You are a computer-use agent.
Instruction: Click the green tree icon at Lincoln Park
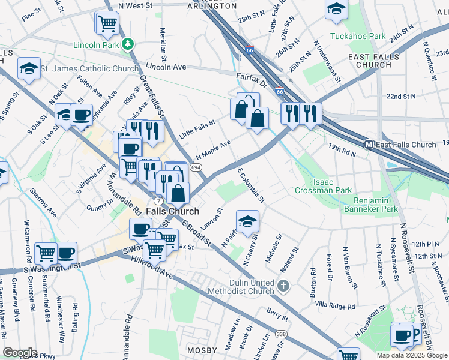pos(127,44)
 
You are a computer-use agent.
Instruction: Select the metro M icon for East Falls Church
pos(369,145)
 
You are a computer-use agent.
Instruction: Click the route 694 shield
pos(196,167)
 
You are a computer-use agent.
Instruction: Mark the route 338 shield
pos(280,333)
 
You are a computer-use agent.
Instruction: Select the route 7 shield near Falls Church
pos(158,199)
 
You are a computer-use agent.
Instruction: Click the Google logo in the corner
pos(20,353)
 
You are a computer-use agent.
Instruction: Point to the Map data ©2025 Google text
pos(412,355)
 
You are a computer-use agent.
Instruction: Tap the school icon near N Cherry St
pos(247,221)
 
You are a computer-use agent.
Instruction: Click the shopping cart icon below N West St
pos(107,23)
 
